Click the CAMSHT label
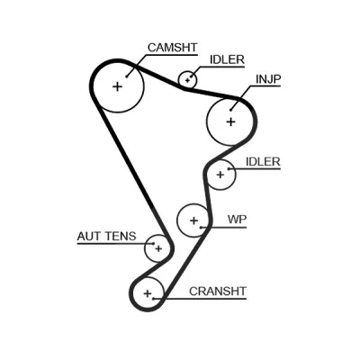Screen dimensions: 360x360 pyautogui.click(x=173, y=48)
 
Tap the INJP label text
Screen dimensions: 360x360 pyautogui.click(x=268, y=79)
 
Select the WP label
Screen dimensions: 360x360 pyautogui.click(x=237, y=220)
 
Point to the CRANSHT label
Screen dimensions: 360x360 pyautogui.click(x=218, y=291)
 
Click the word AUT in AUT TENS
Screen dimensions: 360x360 pyautogui.click(x=88, y=237)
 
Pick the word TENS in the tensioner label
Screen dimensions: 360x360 pyautogui.click(x=120, y=237)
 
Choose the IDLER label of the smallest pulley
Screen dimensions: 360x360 pyautogui.click(x=227, y=59)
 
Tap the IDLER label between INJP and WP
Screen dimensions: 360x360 pyautogui.click(x=263, y=162)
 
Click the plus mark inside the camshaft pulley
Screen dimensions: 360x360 pyautogui.click(x=118, y=86)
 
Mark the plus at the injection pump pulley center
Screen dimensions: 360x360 pyautogui.click(x=230, y=121)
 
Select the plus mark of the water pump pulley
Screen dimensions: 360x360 pyautogui.click(x=194, y=220)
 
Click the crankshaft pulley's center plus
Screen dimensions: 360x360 pyautogui.click(x=148, y=293)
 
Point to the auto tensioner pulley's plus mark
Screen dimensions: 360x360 pyautogui.click(x=158, y=248)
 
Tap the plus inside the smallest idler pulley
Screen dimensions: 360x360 pyautogui.click(x=187, y=80)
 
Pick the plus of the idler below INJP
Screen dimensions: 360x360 pyautogui.click(x=220, y=175)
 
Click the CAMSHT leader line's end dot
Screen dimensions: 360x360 pyautogui.click(x=127, y=76)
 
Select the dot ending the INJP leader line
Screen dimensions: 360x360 pyautogui.click(x=230, y=110)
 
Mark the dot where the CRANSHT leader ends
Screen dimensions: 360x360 pyautogui.click(x=154, y=299)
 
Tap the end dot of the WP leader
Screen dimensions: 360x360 pyautogui.click(x=202, y=227)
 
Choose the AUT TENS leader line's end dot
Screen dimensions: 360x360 pyautogui.click(x=154, y=244)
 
